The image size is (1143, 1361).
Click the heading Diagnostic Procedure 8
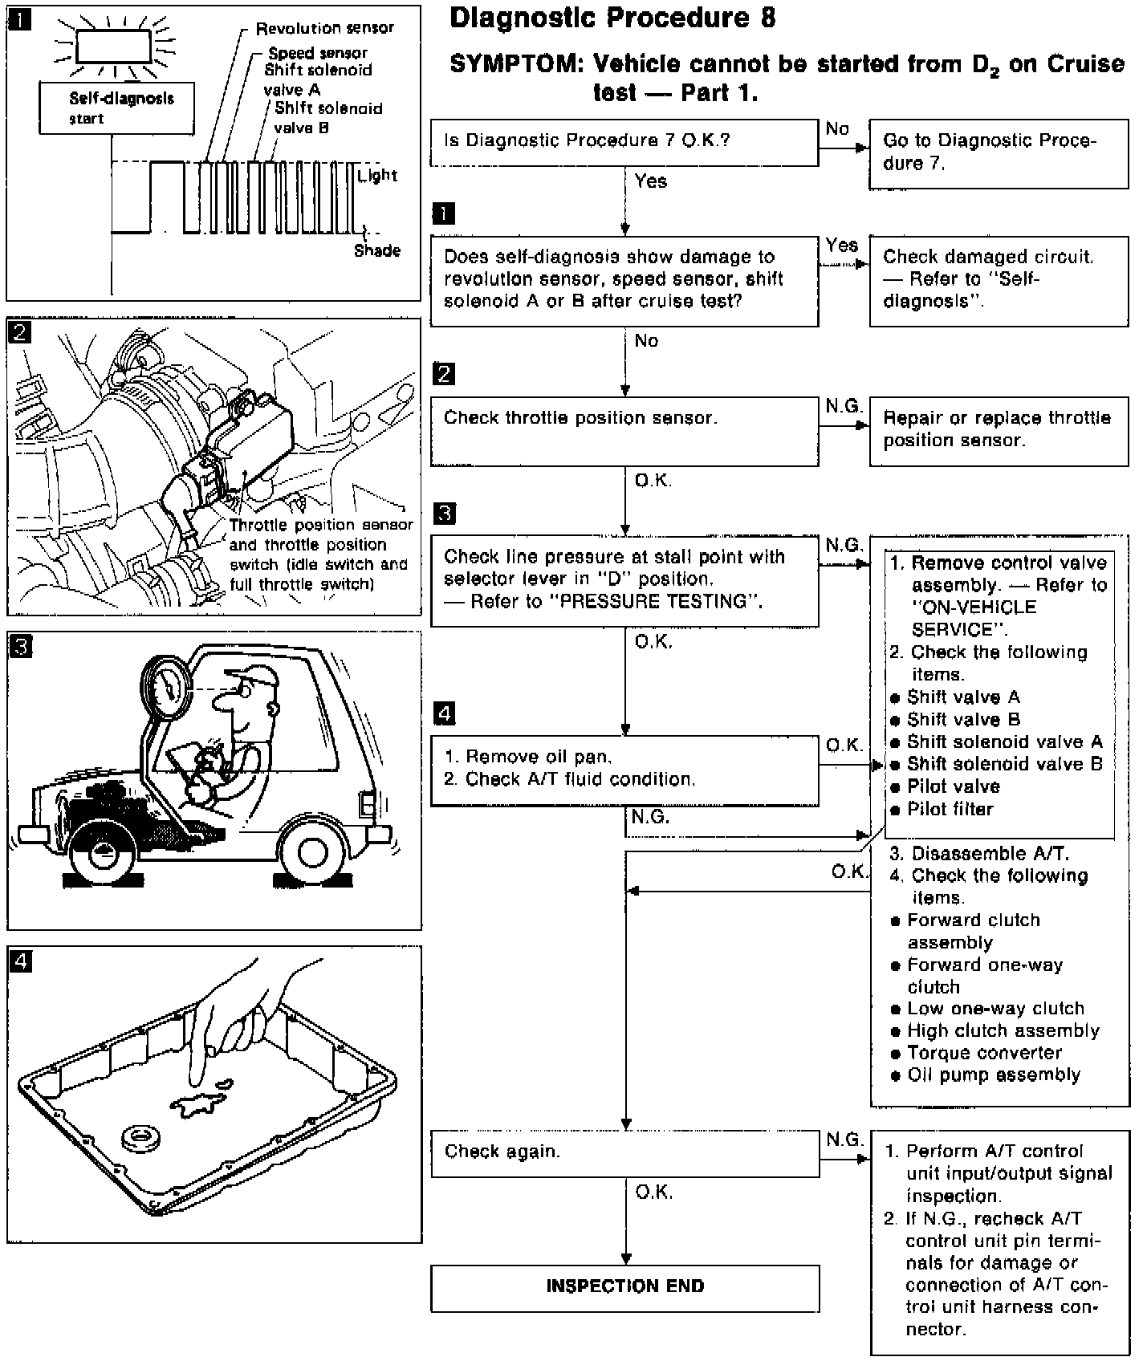pyautogui.click(x=612, y=18)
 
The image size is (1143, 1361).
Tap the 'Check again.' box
pyautogui.click(x=624, y=1152)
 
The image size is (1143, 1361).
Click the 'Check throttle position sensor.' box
pyautogui.click(x=624, y=431)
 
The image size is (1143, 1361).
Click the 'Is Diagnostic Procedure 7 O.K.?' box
pyautogui.click(x=624, y=142)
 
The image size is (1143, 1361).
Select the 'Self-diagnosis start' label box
pyautogui.click(x=116, y=108)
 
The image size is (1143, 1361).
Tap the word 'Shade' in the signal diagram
pyautogui.click(x=377, y=250)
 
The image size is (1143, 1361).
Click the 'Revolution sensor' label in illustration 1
pyautogui.click(x=324, y=29)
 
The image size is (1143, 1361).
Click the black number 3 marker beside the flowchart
pyautogui.click(x=444, y=514)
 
